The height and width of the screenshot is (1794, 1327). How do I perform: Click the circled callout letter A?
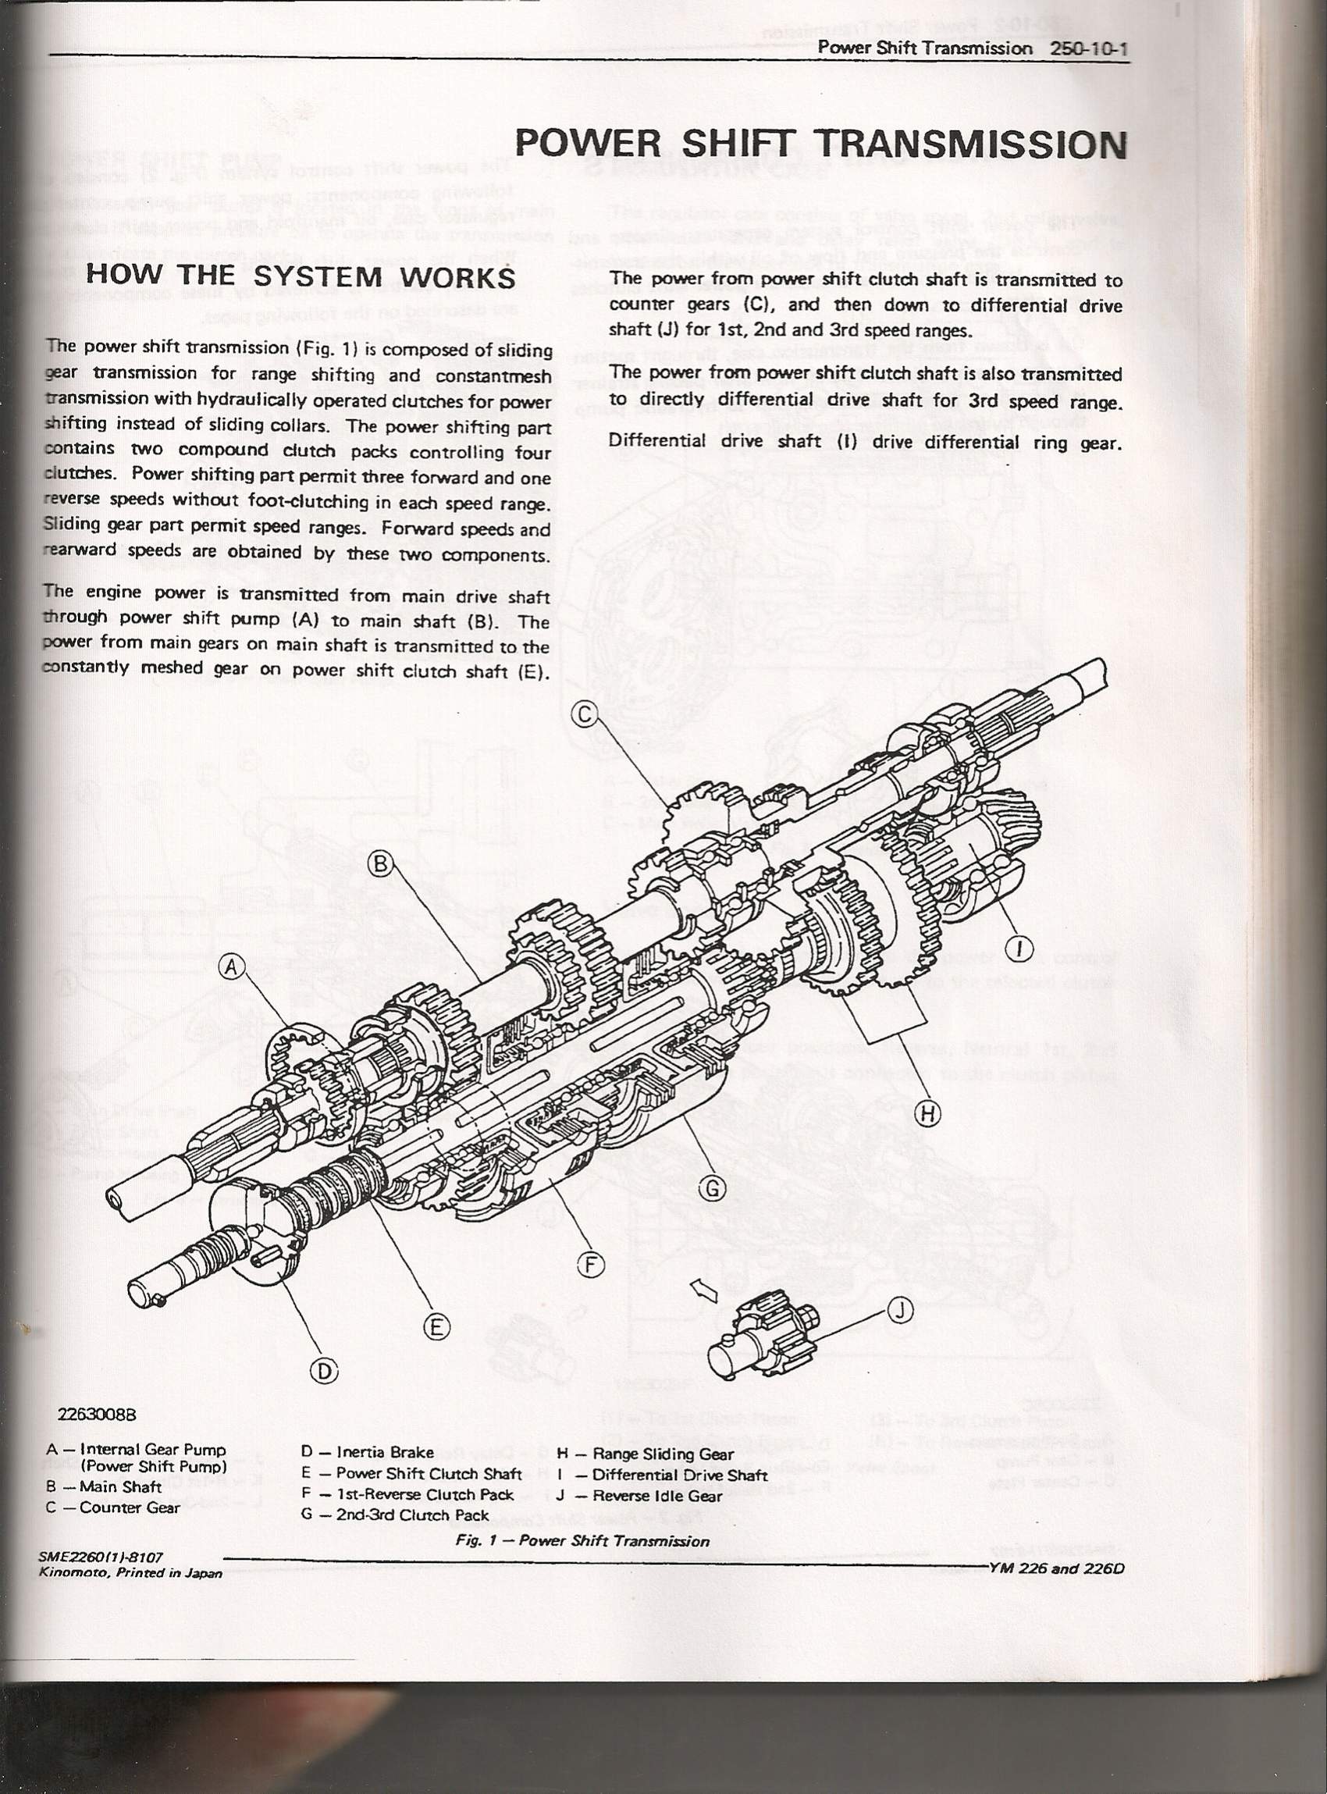(x=231, y=968)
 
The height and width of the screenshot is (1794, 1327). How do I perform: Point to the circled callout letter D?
(x=323, y=1372)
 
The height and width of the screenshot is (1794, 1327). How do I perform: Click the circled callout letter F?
(x=590, y=1265)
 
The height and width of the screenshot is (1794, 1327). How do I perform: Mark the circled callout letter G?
(x=713, y=1187)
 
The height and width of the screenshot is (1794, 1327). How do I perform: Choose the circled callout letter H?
(x=928, y=1113)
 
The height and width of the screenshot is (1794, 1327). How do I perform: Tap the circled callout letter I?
(x=1020, y=948)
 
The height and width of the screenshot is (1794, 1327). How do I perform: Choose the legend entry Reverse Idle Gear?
(x=657, y=1495)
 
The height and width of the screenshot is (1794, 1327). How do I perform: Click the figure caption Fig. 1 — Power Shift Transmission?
(x=582, y=1541)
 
